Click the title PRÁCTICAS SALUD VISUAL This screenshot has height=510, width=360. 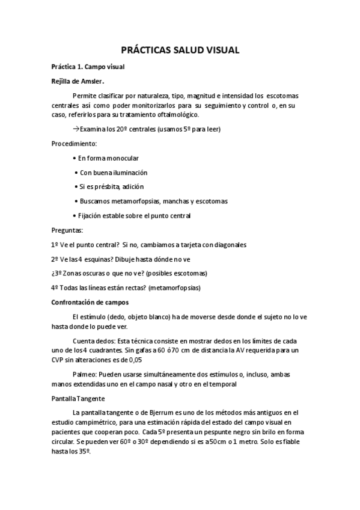point(180,51)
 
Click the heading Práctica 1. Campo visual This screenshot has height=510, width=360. point(88,67)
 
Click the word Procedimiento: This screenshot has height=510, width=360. point(74,144)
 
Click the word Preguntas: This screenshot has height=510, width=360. point(68,230)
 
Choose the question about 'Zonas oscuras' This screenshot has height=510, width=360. point(129,273)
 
